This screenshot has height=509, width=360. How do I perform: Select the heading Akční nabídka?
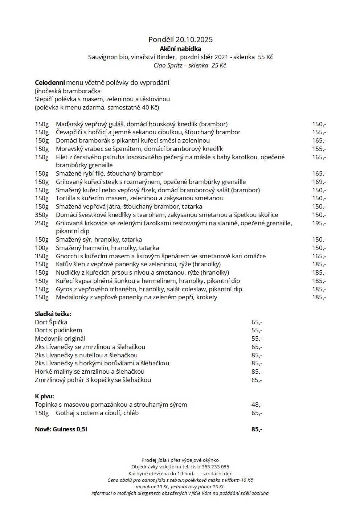[x=180, y=49]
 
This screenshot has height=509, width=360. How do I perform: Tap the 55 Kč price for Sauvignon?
[x=265, y=57]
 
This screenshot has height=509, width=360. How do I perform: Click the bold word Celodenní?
[x=50, y=83]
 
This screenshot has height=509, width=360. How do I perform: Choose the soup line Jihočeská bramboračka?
[x=67, y=91]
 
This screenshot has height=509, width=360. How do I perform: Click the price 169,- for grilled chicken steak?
[x=319, y=182]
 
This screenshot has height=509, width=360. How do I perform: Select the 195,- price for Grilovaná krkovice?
[x=319, y=223]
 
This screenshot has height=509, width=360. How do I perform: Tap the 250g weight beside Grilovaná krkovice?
[x=42, y=223]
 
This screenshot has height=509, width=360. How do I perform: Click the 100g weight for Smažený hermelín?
[x=42, y=248]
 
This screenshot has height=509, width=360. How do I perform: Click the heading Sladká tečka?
[x=53, y=314]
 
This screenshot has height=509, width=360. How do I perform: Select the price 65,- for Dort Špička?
[x=257, y=322]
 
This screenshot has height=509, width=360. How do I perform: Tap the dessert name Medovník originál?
[x=60, y=338]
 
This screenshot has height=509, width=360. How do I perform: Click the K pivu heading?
[x=44, y=396]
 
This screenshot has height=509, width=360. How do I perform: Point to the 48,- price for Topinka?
[x=257, y=405]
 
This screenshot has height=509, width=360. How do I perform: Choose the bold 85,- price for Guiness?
[x=257, y=429]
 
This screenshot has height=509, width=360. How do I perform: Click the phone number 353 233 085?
[x=215, y=467]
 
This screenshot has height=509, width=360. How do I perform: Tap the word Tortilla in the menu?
[x=66, y=198]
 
